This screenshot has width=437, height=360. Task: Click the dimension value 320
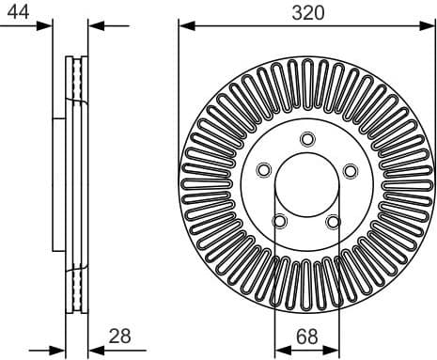click(306, 12)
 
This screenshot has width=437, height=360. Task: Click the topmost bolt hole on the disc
click(306, 139)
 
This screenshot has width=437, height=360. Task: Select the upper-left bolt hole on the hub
click(263, 170)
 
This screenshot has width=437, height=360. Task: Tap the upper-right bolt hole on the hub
click(350, 170)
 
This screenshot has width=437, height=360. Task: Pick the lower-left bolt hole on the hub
click(279, 221)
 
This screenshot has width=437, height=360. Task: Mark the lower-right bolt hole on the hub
click(333, 222)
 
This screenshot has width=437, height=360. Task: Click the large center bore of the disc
click(306, 184)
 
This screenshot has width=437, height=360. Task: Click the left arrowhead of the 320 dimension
click(184, 26)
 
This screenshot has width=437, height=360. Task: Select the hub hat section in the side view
click(59, 183)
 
